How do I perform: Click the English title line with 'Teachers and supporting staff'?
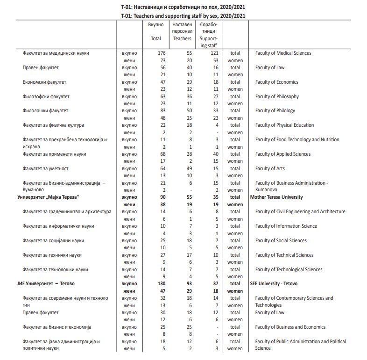[183, 15]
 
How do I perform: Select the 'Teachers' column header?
[182, 38]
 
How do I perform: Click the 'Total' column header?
[155, 38]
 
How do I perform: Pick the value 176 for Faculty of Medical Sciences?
[161, 53]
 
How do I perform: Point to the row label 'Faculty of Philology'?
[275, 111]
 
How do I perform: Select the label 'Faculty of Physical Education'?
[284, 125]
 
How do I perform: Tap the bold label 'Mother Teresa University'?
[276, 197]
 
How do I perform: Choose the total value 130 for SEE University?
[161, 284]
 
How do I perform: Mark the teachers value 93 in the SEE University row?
[189, 284]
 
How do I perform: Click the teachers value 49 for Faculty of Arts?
[189, 169]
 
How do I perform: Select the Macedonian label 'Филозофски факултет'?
[46, 97]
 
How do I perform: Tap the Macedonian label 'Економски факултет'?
[44, 82]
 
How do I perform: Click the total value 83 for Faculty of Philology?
[162, 111]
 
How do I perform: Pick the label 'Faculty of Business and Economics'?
[290, 327]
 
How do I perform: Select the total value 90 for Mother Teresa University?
[162, 197]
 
